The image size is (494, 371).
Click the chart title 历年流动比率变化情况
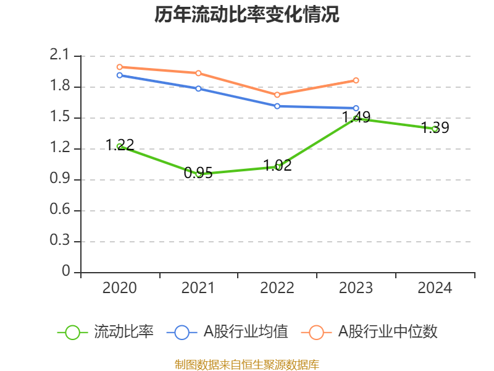(247, 14)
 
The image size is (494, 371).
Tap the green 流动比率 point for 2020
(119, 147)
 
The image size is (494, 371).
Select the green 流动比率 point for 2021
(198, 174)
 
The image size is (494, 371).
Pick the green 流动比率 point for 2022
(277, 166)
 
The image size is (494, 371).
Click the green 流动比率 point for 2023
(356, 118)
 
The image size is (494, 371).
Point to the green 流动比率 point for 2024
(435, 129)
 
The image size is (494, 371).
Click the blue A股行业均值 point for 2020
(119, 75)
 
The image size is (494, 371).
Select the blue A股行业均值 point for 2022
(277, 106)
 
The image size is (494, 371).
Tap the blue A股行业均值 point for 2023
(356, 108)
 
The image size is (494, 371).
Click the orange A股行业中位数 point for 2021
(198, 73)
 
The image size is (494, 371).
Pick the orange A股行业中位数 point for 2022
(277, 95)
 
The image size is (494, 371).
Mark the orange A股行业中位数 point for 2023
(356, 80)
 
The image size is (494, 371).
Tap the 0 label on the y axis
(67, 272)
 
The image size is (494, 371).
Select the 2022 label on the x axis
(277, 288)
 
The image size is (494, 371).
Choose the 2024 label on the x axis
(435, 288)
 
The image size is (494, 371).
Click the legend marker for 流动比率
(72, 332)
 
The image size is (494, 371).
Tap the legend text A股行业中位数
(388, 332)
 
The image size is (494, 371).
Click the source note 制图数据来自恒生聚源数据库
(247, 364)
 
